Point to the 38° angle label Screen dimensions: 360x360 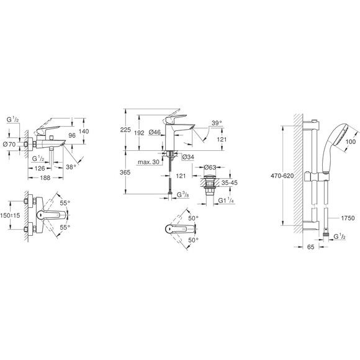89,167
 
